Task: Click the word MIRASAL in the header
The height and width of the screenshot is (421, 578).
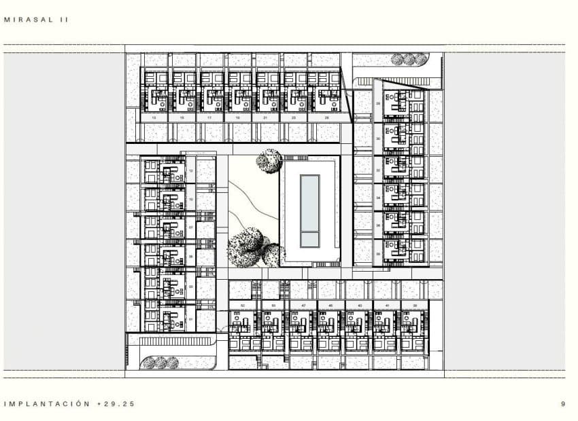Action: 27,20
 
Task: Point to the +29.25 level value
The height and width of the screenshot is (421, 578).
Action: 116,403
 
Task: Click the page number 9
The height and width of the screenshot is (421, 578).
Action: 563,403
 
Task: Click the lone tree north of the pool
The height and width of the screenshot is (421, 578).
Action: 269,161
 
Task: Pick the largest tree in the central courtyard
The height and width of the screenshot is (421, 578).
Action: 245,247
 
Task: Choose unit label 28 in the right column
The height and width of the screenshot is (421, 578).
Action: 377,103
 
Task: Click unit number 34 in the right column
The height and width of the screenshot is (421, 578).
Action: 377,198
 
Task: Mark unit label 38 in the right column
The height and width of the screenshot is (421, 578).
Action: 377,253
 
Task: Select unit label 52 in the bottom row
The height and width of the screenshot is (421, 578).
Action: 243,306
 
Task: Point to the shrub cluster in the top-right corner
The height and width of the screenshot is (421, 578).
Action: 409,60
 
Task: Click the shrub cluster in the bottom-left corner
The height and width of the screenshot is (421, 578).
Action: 160,363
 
